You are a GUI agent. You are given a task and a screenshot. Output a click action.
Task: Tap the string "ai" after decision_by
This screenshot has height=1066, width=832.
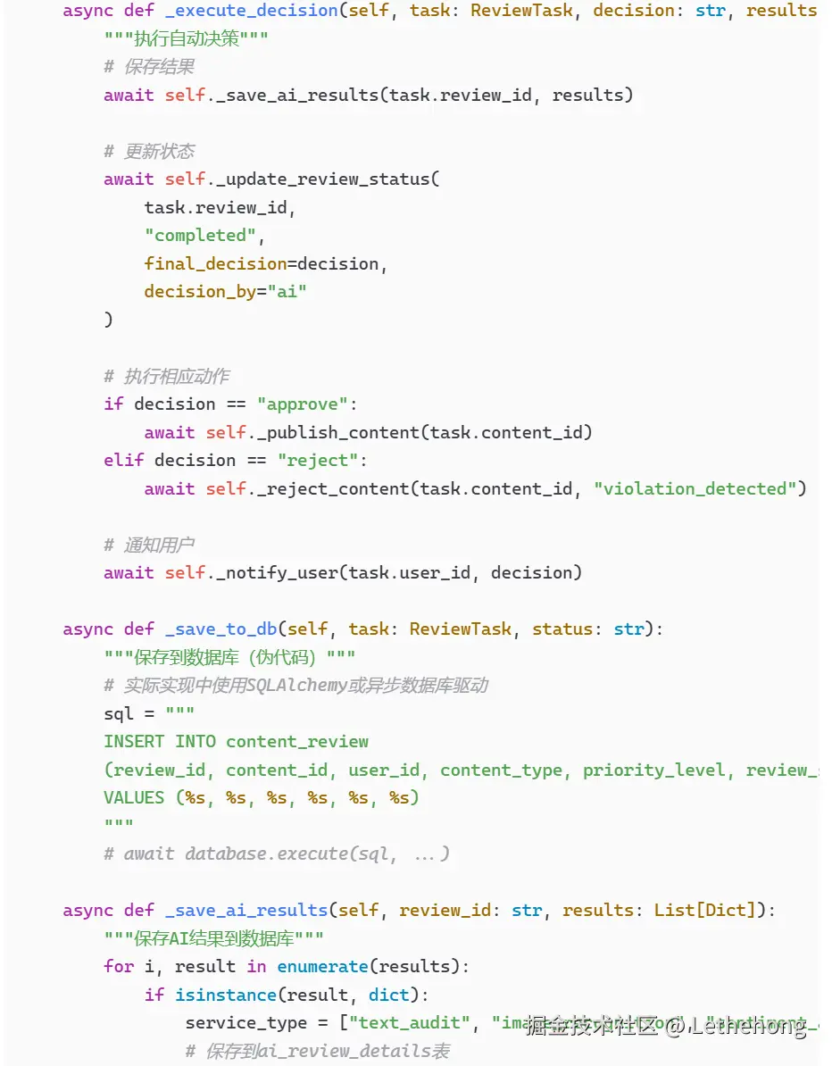pos(287,291)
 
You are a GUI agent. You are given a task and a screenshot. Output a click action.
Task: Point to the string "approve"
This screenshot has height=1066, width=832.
pos(303,404)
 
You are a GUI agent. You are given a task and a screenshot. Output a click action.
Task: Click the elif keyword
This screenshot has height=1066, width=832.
pos(124,460)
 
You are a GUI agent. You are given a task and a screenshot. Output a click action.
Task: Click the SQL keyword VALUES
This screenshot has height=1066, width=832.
pos(134,797)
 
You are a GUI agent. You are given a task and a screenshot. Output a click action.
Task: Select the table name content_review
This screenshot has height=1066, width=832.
pos(297,741)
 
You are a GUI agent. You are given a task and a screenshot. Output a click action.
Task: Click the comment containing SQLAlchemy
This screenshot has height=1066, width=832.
pos(295,685)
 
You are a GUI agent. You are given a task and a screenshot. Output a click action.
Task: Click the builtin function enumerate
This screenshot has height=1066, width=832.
pos(322,966)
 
